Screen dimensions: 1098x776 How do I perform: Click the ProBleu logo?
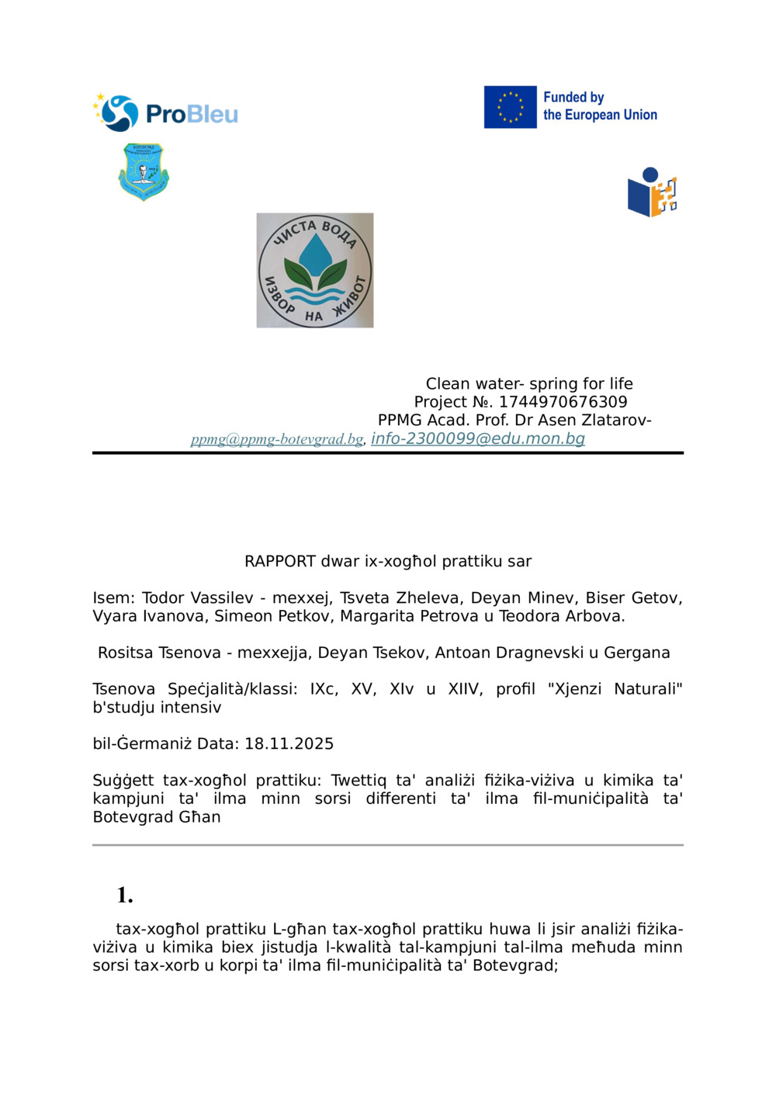tap(165, 113)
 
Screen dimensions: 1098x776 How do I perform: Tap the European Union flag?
tap(510, 107)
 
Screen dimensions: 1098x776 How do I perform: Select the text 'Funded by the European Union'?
tap(599, 106)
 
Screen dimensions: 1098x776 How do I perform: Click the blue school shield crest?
tap(144, 171)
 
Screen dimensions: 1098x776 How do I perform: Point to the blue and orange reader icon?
tap(652, 192)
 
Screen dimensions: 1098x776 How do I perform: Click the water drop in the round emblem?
tap(315, 254)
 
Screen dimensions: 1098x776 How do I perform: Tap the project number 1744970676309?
tap(563, 402)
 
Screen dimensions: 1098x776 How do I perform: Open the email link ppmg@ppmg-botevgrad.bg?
tap(277, 439)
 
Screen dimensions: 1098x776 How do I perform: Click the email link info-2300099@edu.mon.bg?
tap(477, 438)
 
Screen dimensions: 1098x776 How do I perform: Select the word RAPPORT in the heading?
tap(280, 561)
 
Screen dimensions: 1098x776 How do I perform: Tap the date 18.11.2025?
tap(289, 743)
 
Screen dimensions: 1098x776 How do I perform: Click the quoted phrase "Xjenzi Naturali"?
tap(615, 689)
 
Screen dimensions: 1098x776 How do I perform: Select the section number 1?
tap(125, 895)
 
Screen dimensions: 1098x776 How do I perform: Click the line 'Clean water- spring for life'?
tap(529, 383)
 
